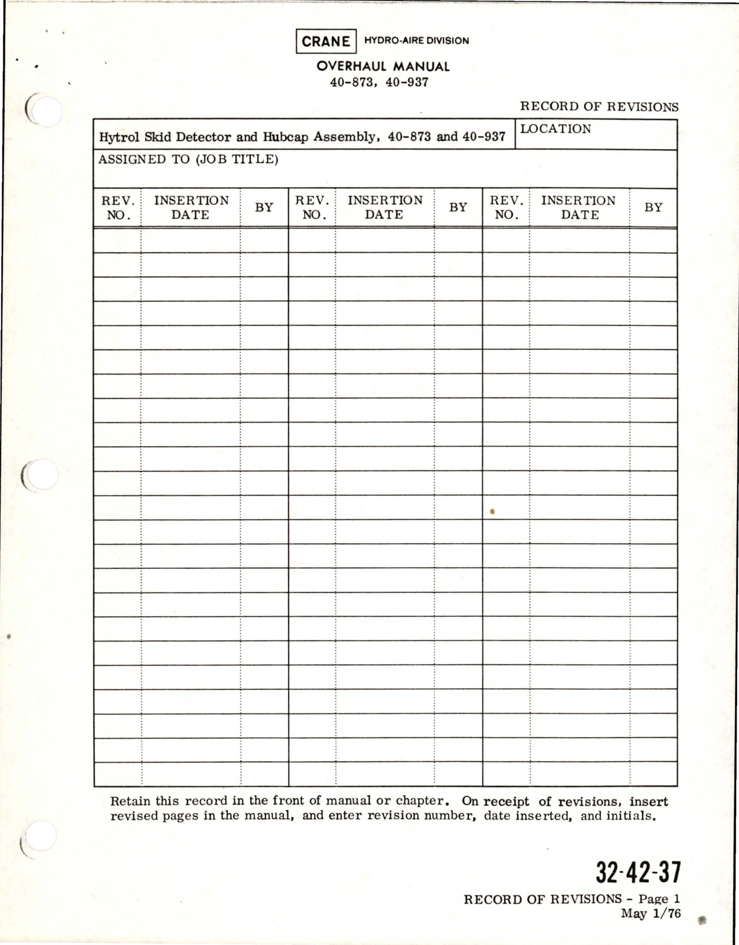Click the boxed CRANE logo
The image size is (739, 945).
point(326,41)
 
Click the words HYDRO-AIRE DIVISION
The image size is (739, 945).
point(417,41)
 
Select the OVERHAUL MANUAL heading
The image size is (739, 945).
point(383,66)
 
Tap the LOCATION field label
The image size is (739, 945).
point(556,129)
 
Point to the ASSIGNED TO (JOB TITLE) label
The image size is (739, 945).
point(189,160)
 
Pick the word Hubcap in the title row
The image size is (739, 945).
point(286,138)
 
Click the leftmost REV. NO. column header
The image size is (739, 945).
point(118,207)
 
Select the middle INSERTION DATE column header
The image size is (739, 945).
point(385,207)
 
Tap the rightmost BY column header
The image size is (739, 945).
point(653,207)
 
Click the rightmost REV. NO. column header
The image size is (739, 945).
point(506,207)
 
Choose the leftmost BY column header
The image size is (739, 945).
point(264,207)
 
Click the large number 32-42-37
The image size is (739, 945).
point(638,873)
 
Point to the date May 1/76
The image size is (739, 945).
point(651,914)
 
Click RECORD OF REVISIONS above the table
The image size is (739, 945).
point(599,107)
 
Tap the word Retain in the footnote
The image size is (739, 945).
point(130,802)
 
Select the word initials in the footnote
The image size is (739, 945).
point(630,816)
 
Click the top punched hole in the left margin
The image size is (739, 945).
point(45,109)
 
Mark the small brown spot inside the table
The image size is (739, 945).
point(492,512)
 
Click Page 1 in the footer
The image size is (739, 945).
point(659,899)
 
